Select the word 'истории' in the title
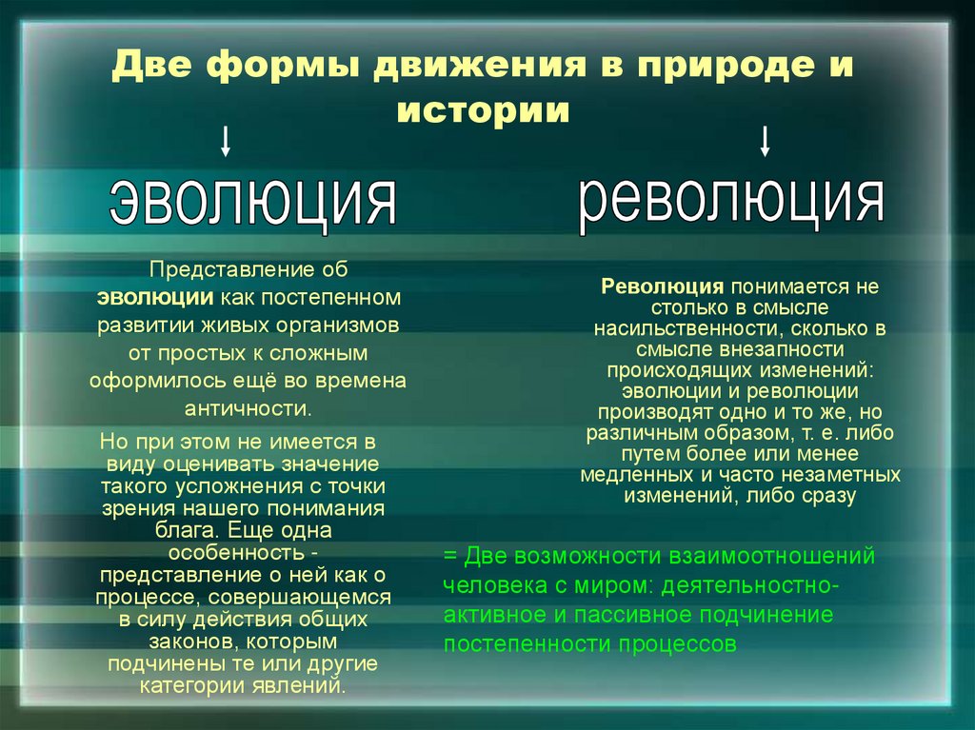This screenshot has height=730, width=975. point(484,111)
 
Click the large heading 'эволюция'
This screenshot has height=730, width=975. point(253,200)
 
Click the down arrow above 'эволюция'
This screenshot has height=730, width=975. point(226,142)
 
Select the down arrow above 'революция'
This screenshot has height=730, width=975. point(765,142)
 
